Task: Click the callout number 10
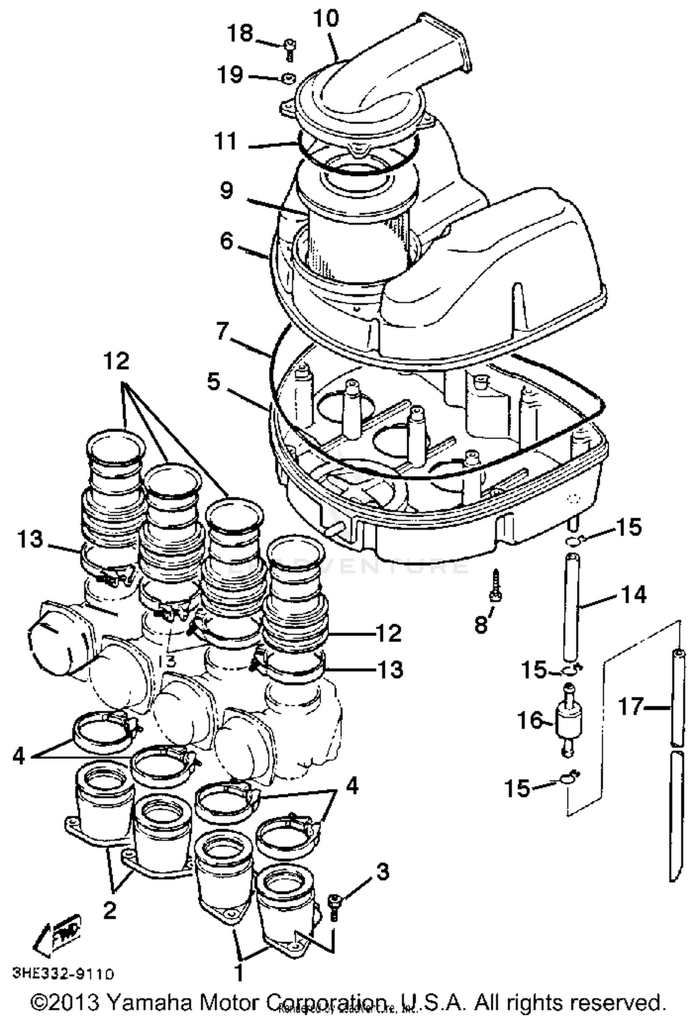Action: [327, 20]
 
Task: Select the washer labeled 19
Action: [289, 78]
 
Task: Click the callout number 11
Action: [226, 142]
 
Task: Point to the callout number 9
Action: [226, 190]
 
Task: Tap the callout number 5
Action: [214, 382]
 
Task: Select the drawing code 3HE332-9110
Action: [63, 973]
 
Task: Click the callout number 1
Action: [239, 972]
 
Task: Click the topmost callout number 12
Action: [116, 360]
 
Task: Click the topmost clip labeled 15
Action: [575, 540]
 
